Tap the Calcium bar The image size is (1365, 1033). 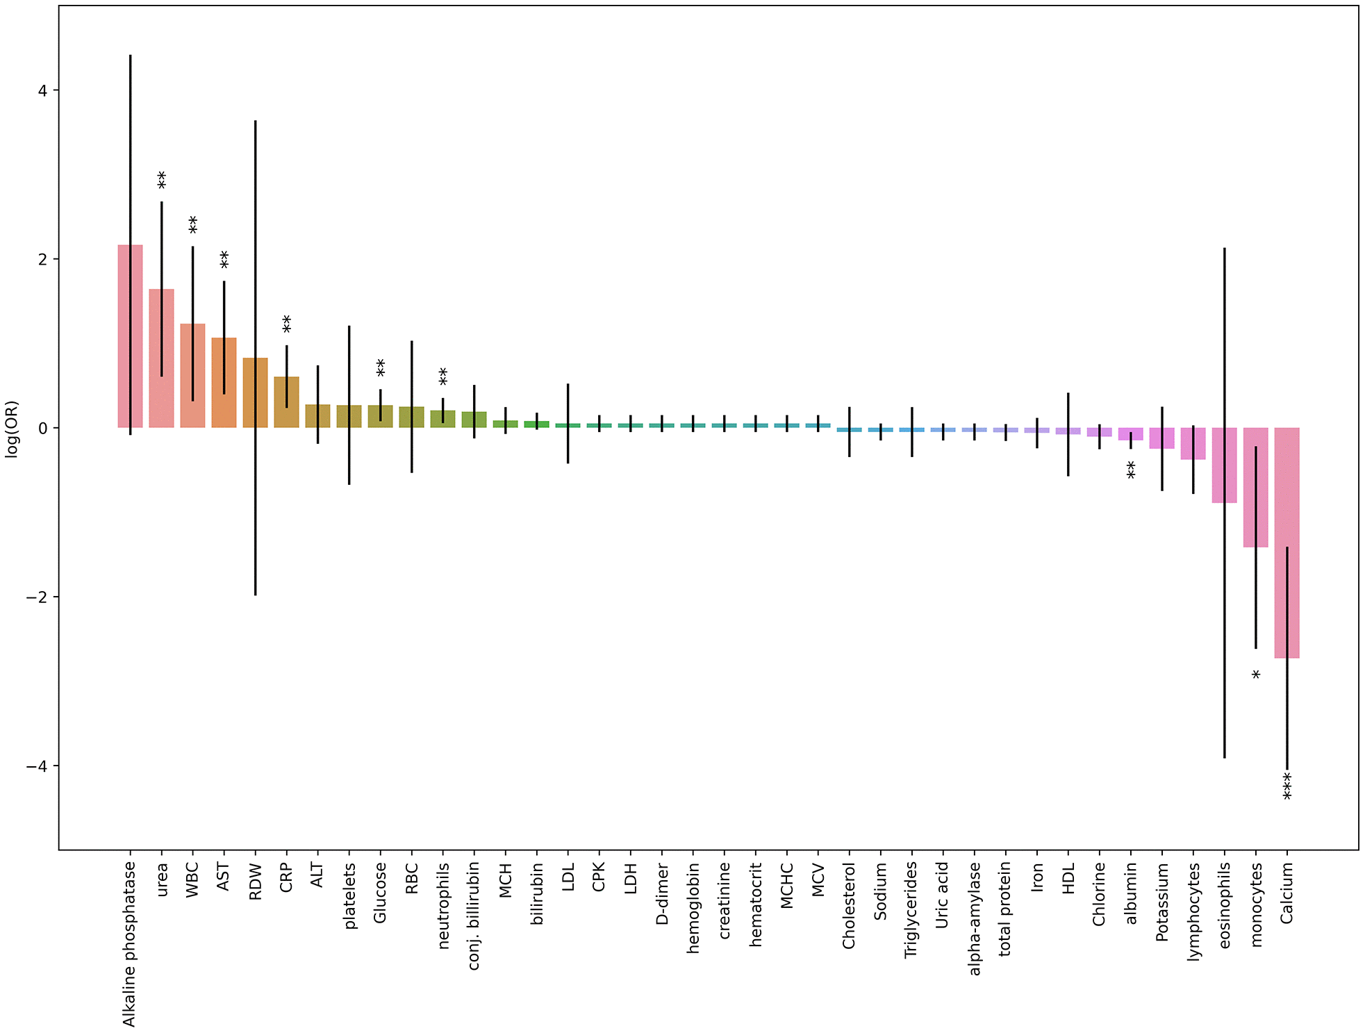tap(1287, 543)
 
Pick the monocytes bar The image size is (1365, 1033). tap(1255, 487)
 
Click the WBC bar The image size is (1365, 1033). tap(192, 376)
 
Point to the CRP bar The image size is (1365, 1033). tap(286, 402)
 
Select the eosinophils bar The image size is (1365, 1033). tap(1224, 465)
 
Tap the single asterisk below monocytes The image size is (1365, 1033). tap(1256, 675)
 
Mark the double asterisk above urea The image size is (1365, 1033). tap(161, 180)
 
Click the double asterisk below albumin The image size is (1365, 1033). tap(1131, 470)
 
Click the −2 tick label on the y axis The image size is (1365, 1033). tap(38, 597)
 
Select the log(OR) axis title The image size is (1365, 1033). tap(12, 429)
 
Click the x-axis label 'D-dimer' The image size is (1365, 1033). tap(662, 894)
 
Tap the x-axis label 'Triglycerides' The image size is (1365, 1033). tap(911, 910)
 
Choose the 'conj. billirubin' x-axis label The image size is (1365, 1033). tap(474, 916)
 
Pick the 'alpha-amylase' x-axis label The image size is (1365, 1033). tap(975, 918)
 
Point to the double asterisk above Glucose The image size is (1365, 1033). tap(380, 367)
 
